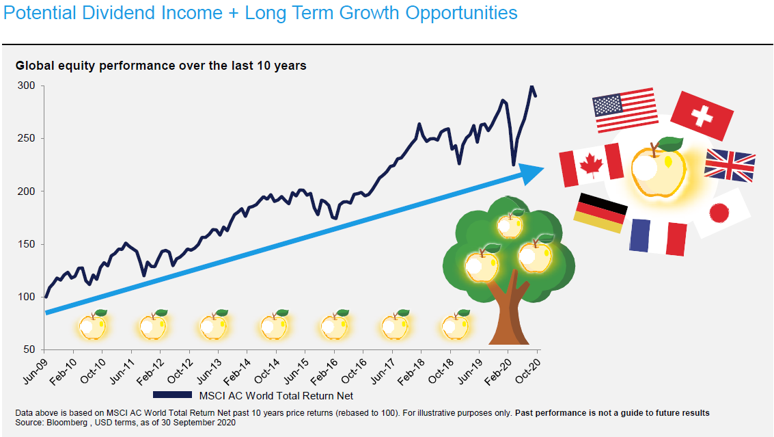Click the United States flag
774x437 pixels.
point(625,110)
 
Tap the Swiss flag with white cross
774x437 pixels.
point(702,116)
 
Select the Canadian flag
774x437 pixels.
point(591,165)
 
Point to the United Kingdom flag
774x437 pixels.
point(730,165)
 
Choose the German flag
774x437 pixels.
point(600,213)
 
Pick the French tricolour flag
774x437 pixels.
point(658,237)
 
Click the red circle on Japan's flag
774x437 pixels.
point(719,213)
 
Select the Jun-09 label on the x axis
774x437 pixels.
point(35,371)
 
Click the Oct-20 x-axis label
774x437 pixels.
point(527,371)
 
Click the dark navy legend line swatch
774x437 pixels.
point(172,395)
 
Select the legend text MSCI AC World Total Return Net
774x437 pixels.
point(276,395)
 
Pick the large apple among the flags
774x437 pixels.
point(659,167)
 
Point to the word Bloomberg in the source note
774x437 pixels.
point(67,423)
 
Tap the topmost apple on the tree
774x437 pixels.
point(510,224)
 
